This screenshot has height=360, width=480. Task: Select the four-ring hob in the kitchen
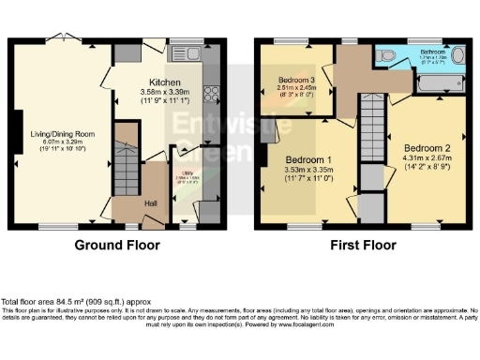pyautogui.click(x=212, y=94)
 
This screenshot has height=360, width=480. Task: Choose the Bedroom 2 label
pyautogui.click(x=427, y=147)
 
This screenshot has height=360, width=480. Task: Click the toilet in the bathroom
pyautogui.click(x=390, y=56)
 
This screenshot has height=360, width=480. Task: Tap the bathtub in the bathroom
pyautogui.click(x=434, y=89)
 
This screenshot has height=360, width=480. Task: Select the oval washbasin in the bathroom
pyautogui.click(x=457, y=56)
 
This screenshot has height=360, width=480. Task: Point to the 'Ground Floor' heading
pyautogui.click(x=117, y=245)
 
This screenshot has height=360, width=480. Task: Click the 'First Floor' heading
pyautogui.click(x=360, y=245)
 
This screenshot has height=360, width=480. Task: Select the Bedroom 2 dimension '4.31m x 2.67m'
pyautogui.click(x=427, y=158)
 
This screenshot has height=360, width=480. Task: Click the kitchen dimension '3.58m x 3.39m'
pyautogui.click(x=165, y=92)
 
